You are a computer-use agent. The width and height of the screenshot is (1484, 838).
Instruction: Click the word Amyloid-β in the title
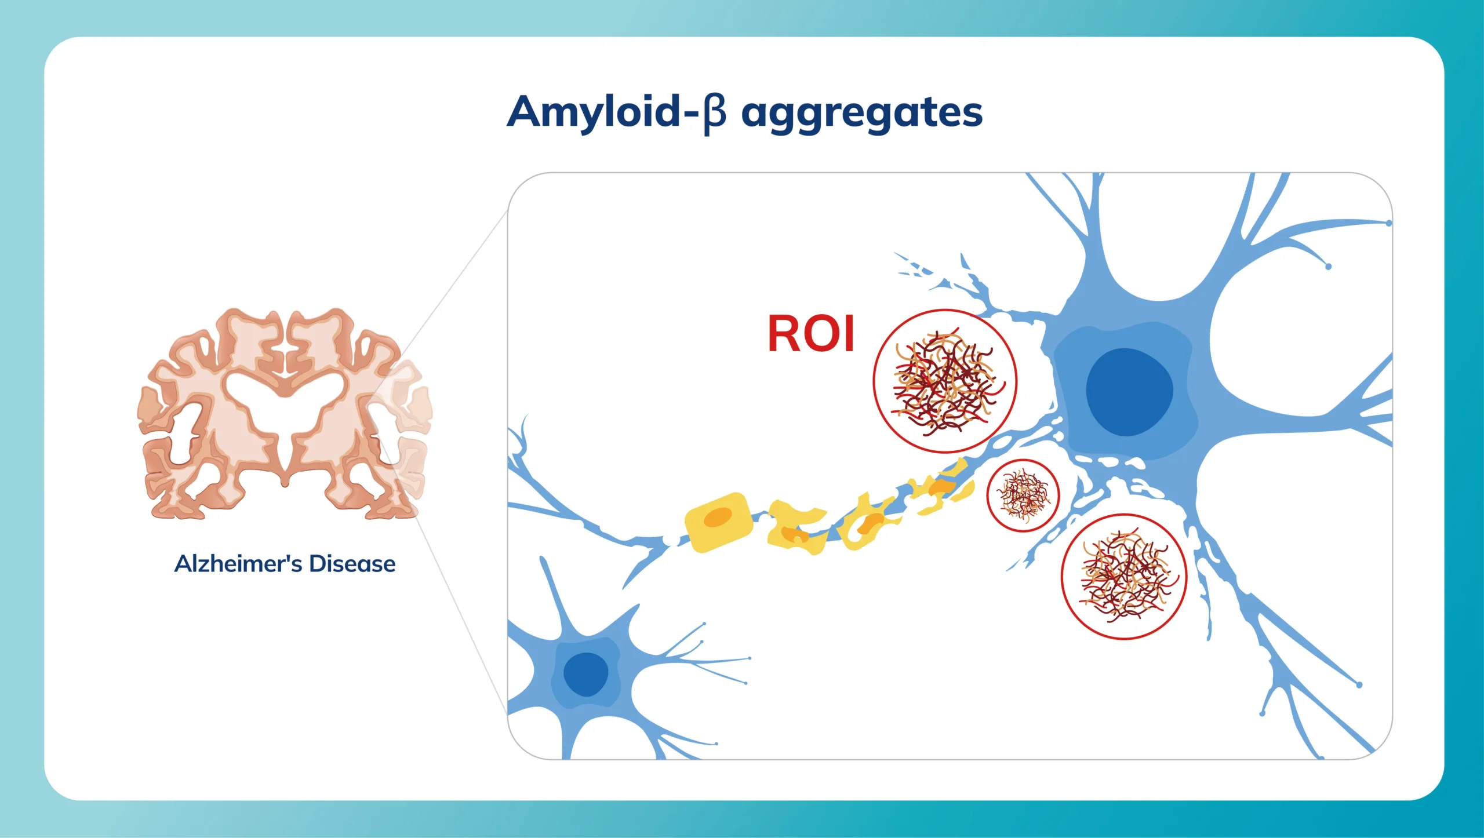pyautogui.click(x=617, y=113)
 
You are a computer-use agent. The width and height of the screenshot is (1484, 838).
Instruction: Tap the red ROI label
pyautogui.click(x=811, y=334)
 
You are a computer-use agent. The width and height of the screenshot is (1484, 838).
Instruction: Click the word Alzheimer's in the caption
pyautogui.click(x=238, y=564)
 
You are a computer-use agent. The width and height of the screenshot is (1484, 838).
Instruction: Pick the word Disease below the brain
pyautogui.click(x=352, y=564)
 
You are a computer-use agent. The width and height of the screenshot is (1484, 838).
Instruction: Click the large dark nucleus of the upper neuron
pyautogui.click(x=1129, y=392)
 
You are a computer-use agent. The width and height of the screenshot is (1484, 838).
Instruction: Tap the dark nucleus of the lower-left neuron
pyautogui.click(x=585, y=674)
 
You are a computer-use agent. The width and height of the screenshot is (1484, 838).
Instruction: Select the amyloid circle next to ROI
pyautogui.click(x=945, y=381)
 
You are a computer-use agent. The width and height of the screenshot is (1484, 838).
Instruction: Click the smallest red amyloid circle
pyautogui.click(x=1023, y=495)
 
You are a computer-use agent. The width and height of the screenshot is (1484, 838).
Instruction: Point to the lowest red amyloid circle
pyautogui.click(x=1124, y=577)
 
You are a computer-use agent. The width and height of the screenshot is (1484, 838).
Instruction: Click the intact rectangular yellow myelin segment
pyautogui.click(x=718, y=522)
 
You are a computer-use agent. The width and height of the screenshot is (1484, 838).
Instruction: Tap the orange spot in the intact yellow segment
pyautogui.click(x=718, y=517)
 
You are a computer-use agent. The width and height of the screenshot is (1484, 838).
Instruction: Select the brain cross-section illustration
pyautogui.click(x=285, y=413)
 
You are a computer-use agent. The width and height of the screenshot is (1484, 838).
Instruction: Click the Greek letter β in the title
pyautogui.click(x=714, y=114)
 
